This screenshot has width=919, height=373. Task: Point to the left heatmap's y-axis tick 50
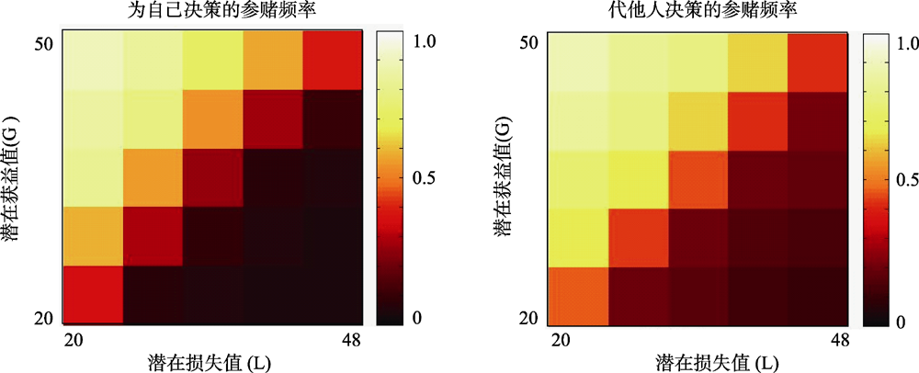(x=45, y=43)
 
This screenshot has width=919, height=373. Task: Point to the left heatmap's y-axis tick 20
(x=45, y=318)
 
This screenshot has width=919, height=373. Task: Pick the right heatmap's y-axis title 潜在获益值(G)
(x=505, y=179)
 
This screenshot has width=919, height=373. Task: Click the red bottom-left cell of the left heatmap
(x=93, y=294)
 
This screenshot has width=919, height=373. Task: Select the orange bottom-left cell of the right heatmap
(x=578, y=296)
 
